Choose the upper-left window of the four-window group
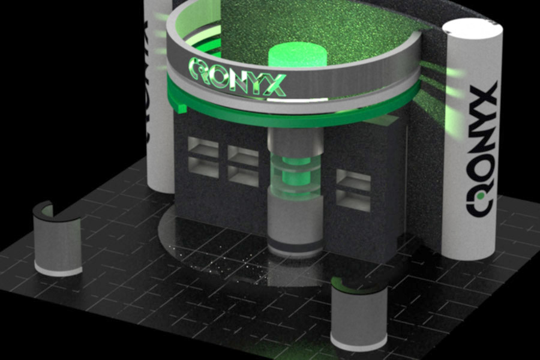coord(203,146)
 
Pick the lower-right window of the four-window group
coord(243,176)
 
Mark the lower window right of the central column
coord(353,202)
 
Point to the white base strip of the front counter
coord(358,345)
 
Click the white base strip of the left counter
coord(58,271)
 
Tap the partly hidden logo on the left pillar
coord(145,78)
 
